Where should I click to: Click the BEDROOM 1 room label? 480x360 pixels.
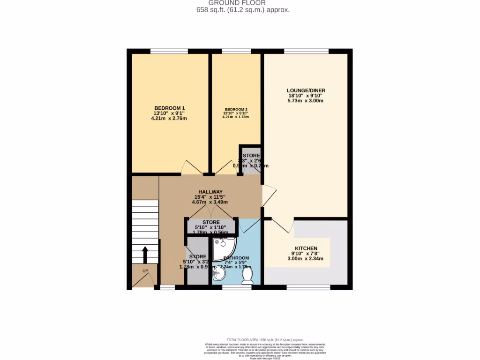pos(169,108)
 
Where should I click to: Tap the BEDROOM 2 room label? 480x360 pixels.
pos(236,110)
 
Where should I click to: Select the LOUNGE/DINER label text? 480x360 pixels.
pos(306,90)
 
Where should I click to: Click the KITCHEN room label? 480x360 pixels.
pos(306,248)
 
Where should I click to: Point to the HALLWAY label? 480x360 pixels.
pos(210,192)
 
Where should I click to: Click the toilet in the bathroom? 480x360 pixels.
pos(247,276)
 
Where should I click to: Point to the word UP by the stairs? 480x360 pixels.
pos(146,271)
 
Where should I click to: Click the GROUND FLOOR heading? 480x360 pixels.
pos(243,3)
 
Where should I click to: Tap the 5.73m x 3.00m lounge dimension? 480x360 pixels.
pos(306,101)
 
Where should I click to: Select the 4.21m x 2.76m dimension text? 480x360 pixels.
pos(169,119)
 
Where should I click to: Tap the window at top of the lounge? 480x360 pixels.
pos(306,51)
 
